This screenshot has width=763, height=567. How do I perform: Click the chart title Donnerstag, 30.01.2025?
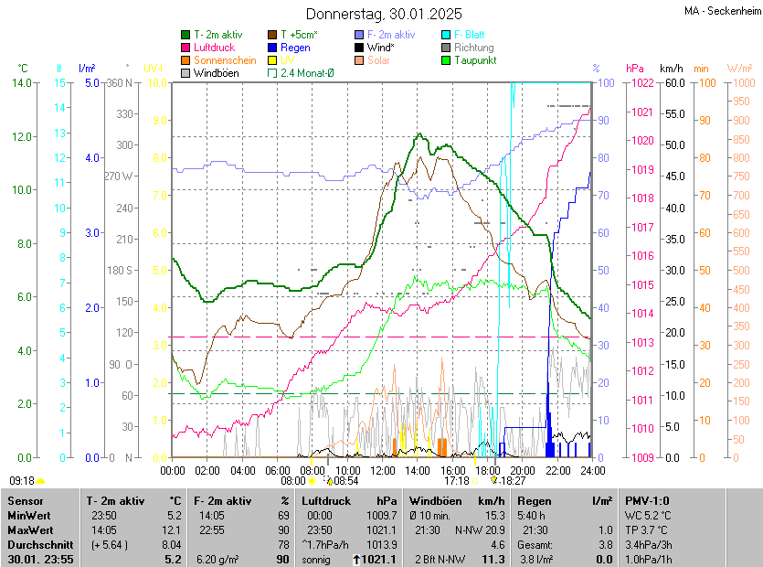[384, 14]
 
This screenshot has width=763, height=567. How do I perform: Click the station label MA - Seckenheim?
[722, 11]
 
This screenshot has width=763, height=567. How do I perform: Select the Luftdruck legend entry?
[214, 47]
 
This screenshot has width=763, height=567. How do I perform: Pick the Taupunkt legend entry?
[476, 59]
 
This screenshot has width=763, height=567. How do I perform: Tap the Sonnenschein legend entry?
[225, 59]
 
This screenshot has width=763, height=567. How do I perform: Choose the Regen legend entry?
[295, 47]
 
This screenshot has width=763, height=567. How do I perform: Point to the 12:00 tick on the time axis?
[383, 470]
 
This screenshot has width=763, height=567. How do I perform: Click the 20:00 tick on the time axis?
[523, 470]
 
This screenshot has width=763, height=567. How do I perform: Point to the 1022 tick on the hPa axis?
[640, 83]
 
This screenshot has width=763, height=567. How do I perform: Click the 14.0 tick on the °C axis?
[23, 83]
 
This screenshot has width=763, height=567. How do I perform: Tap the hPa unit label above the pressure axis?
[634, 69]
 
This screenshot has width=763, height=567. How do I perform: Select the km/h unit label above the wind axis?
[672, 69]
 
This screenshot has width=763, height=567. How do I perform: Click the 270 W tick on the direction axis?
[120, 177]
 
